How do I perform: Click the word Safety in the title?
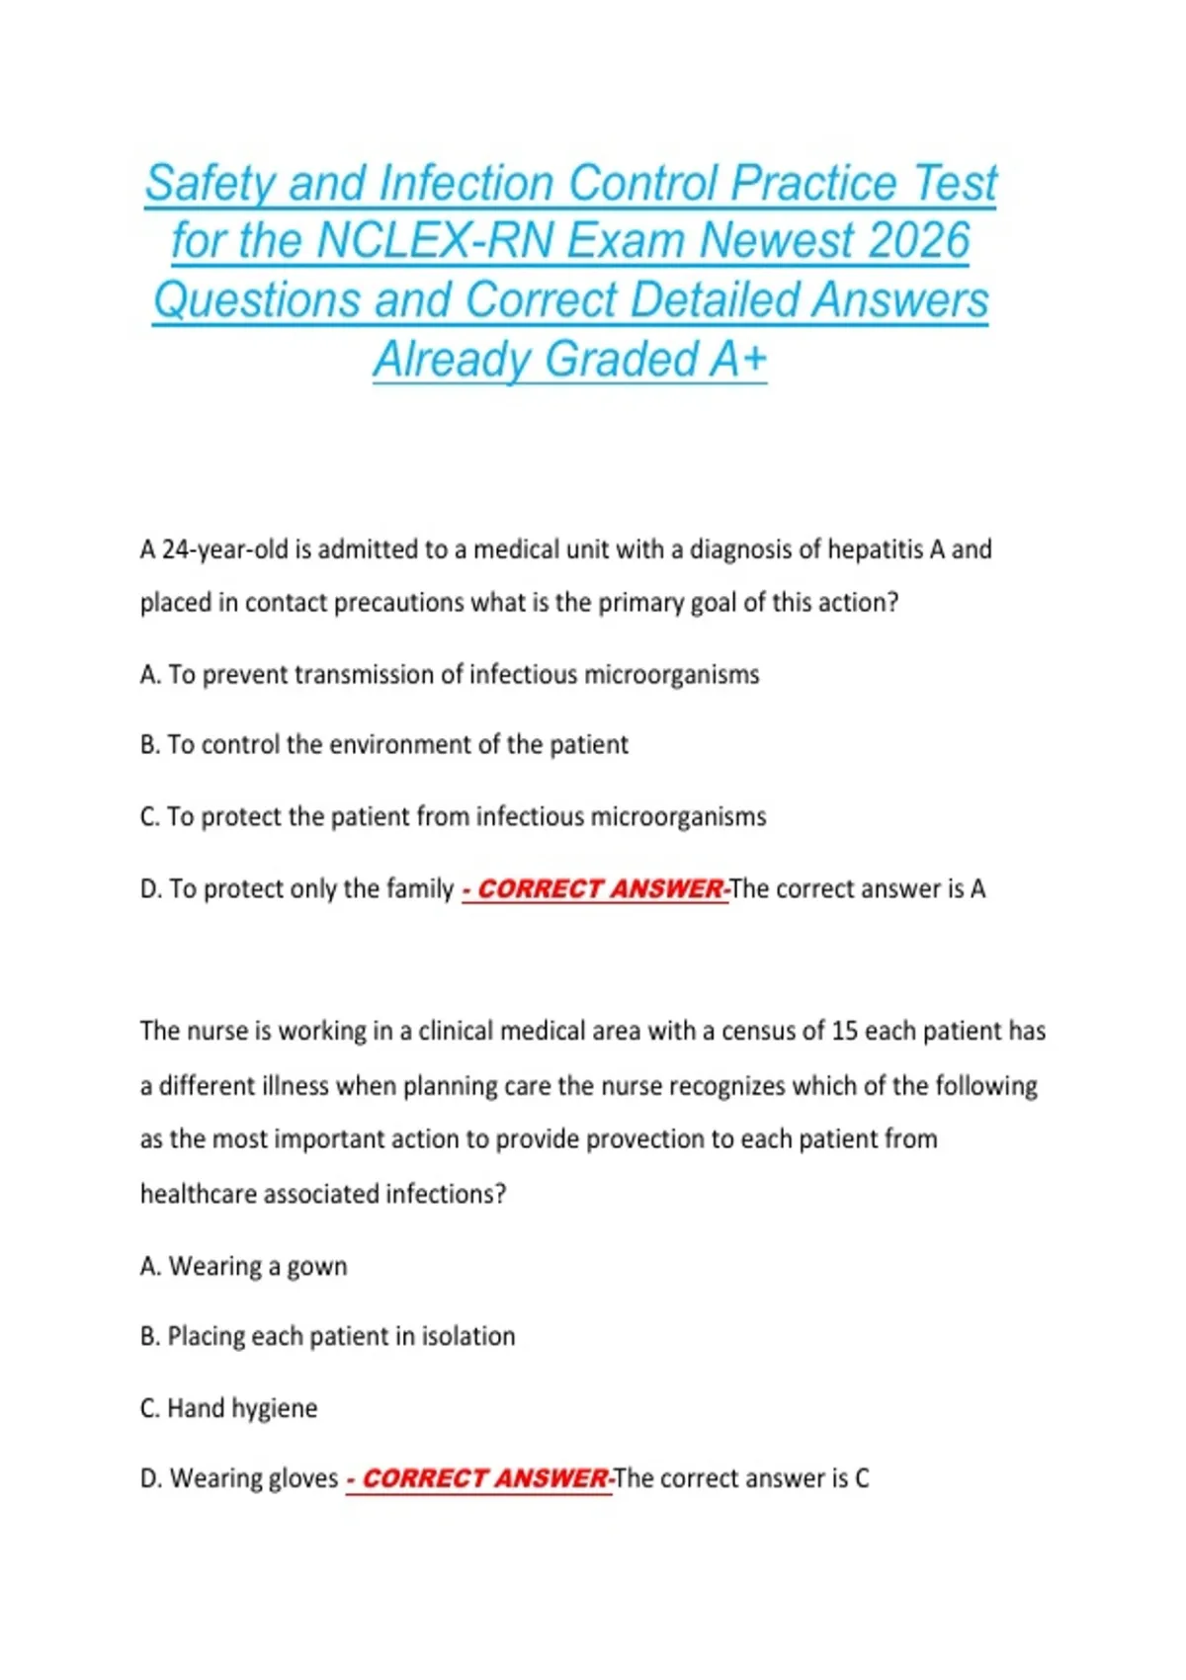pos(210,184)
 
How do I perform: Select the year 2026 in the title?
pos(914,241)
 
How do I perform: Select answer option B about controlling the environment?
pos(384,744)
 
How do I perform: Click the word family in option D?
pos(419,888)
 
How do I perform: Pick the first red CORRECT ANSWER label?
pos(596,889)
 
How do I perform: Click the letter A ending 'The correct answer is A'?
pos(977,888)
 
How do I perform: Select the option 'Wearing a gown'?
pos(244,1266)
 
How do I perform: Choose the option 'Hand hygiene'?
pos(229,1407)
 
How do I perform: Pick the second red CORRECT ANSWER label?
pos(480,1478)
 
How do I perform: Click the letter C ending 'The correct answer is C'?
pos(862,1478)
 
